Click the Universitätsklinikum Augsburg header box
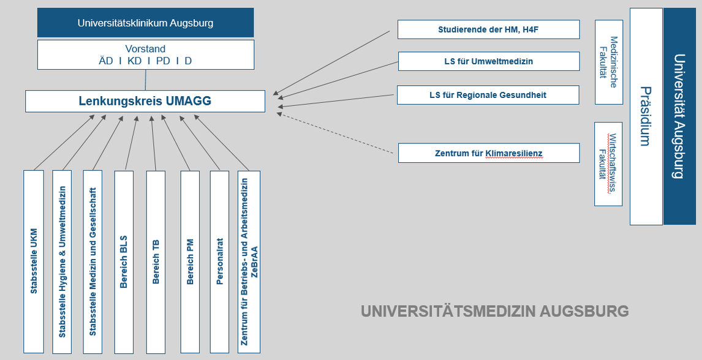[146, 23]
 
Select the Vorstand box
[146, 54]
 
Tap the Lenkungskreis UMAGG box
[145, 101]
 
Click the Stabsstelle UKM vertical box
[34, 261]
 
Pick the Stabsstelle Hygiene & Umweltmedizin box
[62, 261]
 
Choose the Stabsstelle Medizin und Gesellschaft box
[92, 261]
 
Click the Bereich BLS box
[124, 261]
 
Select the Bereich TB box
[156, 261]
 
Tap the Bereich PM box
[190, 261]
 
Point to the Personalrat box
[219, 261]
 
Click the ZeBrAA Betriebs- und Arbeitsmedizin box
[249, 261]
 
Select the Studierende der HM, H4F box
[488, 29]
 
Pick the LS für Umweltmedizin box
[489, 61]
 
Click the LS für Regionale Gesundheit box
[488, 95]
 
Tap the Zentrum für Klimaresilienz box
[489, 153]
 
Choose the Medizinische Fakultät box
[609, 62]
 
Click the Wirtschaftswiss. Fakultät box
[608, 164]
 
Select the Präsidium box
[646, 116]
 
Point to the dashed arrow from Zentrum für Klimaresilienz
[335, 133]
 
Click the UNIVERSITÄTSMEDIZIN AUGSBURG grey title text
[495, 311]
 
